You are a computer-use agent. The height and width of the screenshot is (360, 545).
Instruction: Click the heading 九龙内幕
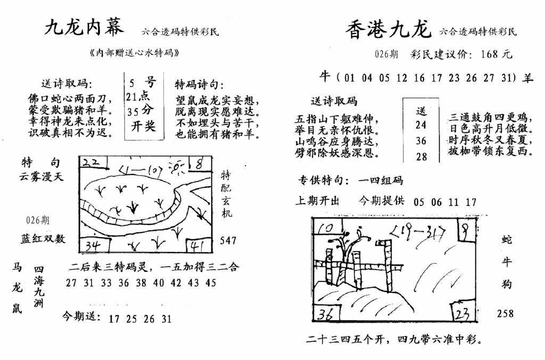tap(84, 27)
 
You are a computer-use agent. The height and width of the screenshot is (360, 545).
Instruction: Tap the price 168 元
tap(496, 54)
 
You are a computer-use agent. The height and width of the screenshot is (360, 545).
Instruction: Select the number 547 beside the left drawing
tap(228, 241)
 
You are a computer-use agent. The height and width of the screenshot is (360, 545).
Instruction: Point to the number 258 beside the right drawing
tap(505, 313)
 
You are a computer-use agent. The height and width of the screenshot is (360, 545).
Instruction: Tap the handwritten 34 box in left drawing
tap(94, 246)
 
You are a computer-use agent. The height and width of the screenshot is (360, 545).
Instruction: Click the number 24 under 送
tap(421, 125)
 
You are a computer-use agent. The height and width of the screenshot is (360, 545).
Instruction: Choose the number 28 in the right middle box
tap(421, 156)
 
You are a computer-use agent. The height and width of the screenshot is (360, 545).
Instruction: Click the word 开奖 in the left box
tap(143, 127)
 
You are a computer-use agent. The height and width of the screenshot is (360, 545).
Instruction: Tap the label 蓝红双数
tap(44, 239)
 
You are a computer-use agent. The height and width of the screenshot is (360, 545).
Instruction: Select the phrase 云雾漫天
tap(42, 177)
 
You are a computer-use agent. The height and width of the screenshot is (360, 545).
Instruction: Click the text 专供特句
tap(318, 181)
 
